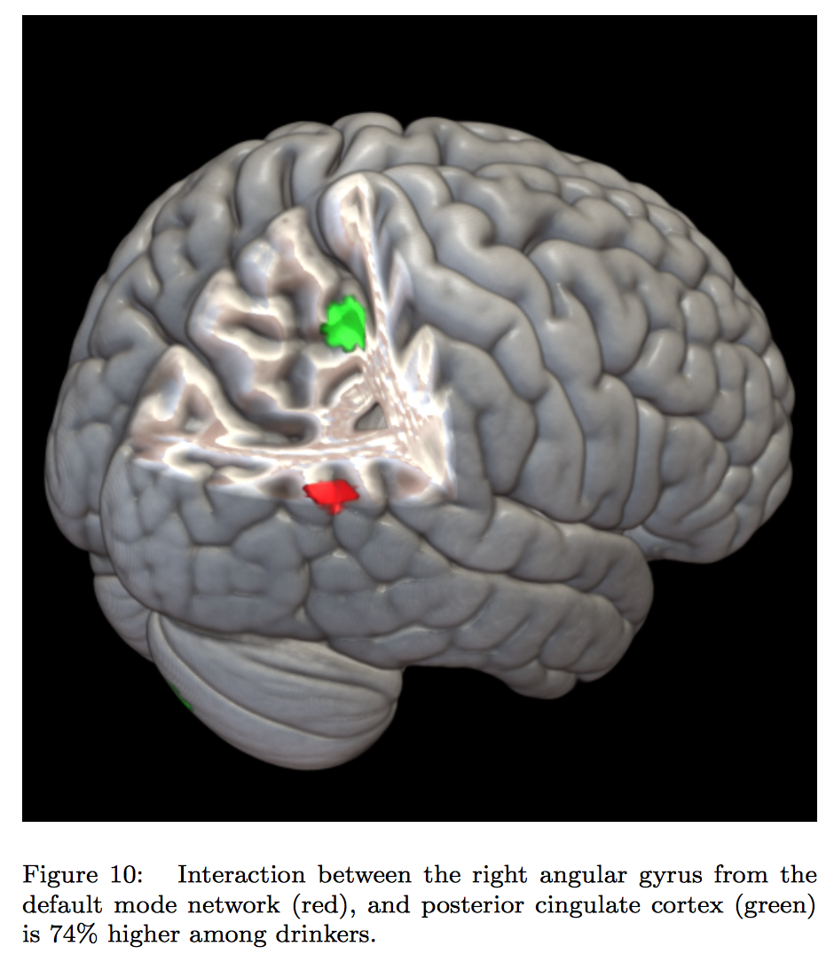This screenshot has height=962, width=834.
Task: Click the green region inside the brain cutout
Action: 345,325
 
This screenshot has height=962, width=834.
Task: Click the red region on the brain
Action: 330,493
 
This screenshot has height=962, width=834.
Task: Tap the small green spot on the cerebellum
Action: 184,700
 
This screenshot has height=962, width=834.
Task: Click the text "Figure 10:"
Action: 82,876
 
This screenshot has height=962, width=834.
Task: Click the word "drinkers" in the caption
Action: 328,936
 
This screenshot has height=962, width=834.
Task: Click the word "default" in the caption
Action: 57,906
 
